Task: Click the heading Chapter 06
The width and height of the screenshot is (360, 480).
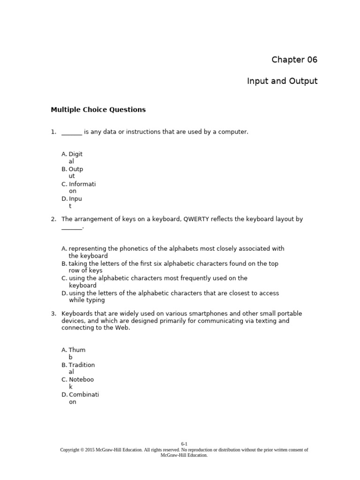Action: point(294,60)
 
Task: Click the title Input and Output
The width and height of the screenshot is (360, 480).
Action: point(282,81)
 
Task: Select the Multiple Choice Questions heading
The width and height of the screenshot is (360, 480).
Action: point(98,110)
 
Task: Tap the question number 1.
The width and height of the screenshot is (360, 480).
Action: point(53,132)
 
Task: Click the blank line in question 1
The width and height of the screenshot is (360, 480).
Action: point(72,133)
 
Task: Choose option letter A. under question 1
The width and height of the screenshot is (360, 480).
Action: point(64,154)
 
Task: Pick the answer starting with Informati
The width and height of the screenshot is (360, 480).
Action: point(82,184)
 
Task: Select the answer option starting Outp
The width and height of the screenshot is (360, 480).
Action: point(75,169)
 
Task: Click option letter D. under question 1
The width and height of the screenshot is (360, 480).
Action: point(64,199)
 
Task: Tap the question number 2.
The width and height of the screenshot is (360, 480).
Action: point(53,219)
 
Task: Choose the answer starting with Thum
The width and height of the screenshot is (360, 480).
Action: point(77,350)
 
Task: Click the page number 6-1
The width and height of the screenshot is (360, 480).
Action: point(184,443)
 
